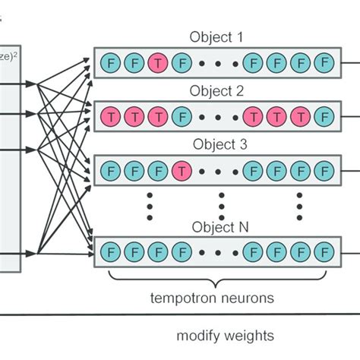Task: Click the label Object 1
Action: (219, 36)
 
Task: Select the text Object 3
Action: (219, 142)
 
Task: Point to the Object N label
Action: (219, 226)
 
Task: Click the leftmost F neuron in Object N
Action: (109, 250)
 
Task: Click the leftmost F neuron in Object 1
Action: (109, 62)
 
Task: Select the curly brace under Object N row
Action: (219, 275)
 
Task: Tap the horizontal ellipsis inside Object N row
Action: (219, 250)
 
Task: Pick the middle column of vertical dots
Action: (221, 204)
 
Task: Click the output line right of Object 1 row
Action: (350, 62)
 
